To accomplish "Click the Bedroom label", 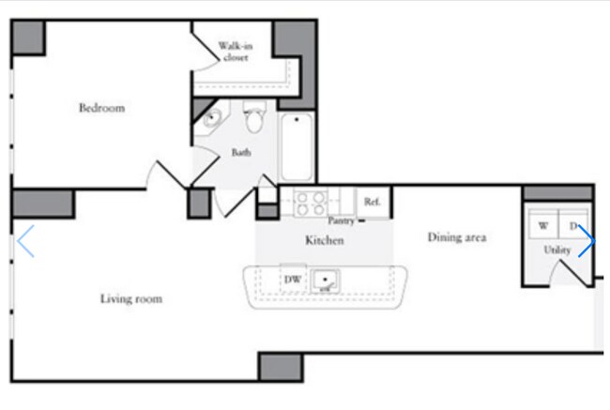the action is pos(102,108).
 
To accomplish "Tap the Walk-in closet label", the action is pos(236,52).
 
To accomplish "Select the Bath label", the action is pos(241,152).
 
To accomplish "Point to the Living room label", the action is pos(131,298).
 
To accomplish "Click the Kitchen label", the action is pos(325,240).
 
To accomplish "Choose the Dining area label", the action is pos(457,237).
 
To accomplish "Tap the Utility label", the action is pos(557,250).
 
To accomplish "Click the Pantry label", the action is pos(342,220).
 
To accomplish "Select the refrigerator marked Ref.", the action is pos(373,202).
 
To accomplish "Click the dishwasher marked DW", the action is pos(293,279).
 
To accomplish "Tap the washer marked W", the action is pos(543,225).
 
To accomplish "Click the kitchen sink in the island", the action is pos(326,281).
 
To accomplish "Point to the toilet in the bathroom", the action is pos(255,116).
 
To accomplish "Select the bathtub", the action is pos(297,146).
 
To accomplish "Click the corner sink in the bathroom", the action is pos(211,118).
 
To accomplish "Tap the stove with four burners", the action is pos(310,204).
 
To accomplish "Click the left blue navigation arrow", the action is pos(25,241).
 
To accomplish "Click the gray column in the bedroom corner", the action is pos(28,38).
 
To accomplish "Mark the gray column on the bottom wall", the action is pos(281,367).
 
